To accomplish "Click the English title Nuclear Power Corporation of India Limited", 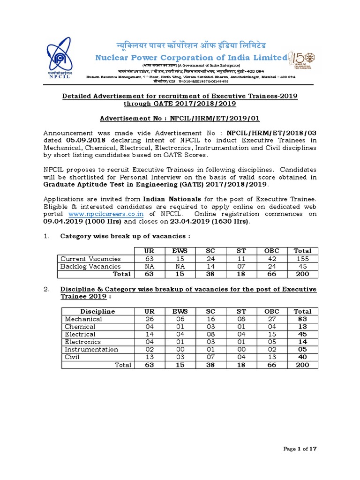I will click(191, 58).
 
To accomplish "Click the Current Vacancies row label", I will click(90, 259).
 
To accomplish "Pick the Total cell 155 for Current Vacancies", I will click(302, 259).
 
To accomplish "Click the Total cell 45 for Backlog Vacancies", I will click(302, 266).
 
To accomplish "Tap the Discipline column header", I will click(97, 311).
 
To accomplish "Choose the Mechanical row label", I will click(83, 319).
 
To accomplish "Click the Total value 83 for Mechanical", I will click(302, 319).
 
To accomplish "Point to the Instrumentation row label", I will click(91, 350).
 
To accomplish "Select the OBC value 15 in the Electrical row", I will click(271, 334).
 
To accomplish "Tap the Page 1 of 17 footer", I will click(301, 449).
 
